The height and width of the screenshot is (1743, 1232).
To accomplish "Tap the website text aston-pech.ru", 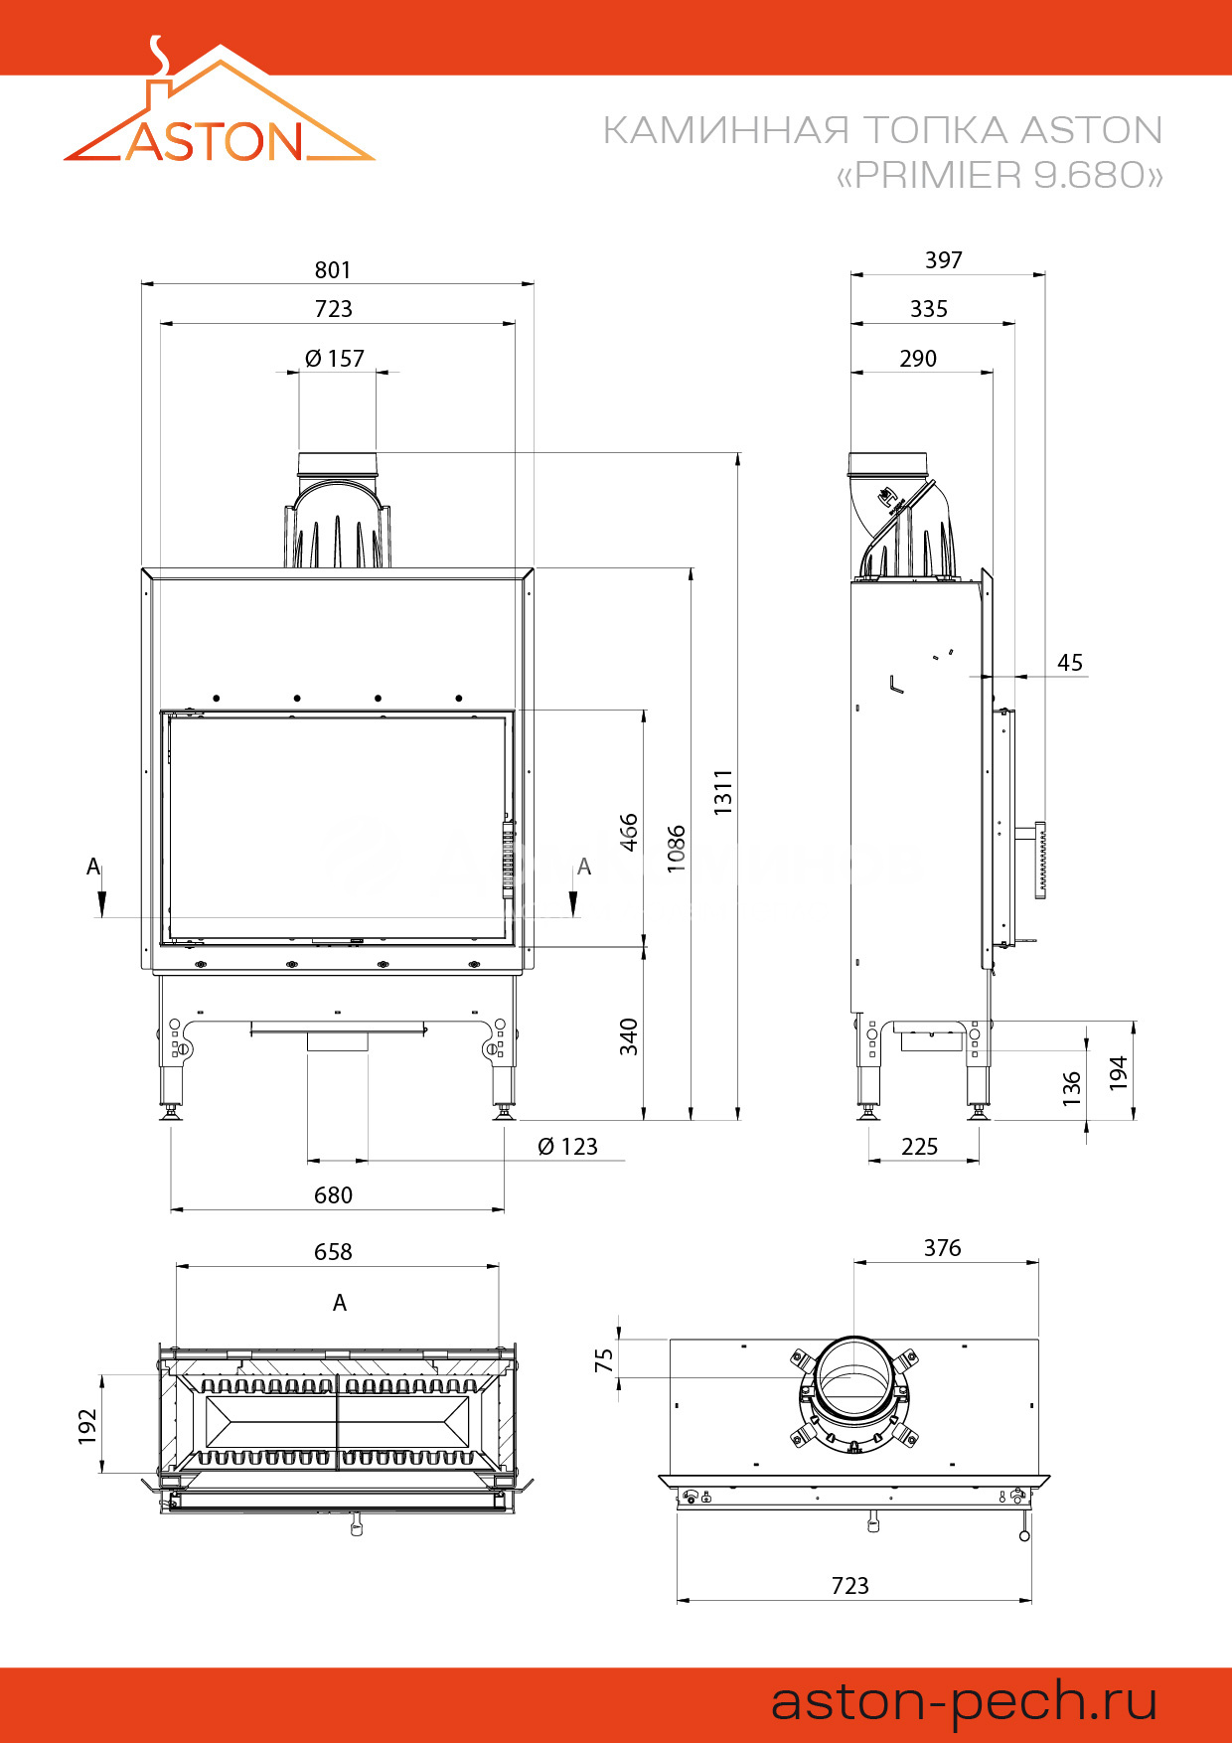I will [964, 1701].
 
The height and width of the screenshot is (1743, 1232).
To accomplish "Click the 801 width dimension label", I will [333, 270].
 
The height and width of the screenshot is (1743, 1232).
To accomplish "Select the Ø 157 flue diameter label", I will [335, 359].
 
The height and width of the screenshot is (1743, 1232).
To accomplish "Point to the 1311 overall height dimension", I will [723, 792].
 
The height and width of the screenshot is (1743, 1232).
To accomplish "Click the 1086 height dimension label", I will [677, 848].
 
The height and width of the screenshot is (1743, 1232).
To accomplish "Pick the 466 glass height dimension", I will [629, 832].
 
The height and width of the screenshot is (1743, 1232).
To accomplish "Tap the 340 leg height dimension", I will [629, 1036].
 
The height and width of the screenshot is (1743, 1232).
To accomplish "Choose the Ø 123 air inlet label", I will [567, 1147].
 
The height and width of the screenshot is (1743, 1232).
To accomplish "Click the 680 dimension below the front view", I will [333, 1195].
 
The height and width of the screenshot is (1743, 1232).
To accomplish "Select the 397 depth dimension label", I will [944, 260].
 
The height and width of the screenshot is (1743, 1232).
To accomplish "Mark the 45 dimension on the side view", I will [1070, 663].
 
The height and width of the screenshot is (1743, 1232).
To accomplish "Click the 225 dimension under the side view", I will [920, 1147].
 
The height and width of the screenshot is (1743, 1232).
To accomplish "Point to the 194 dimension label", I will [1119, 1072].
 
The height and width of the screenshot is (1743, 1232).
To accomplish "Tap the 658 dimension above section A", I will [333, 1252].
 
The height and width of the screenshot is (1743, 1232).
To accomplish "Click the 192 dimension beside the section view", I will [88, 1425].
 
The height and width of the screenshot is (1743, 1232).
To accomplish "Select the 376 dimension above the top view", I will [943, 1248].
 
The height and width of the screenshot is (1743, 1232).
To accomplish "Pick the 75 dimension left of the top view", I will [604, 1360].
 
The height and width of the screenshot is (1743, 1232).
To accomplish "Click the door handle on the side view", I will [1040, 861].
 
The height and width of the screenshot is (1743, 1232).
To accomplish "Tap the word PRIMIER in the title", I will [938, 175].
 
